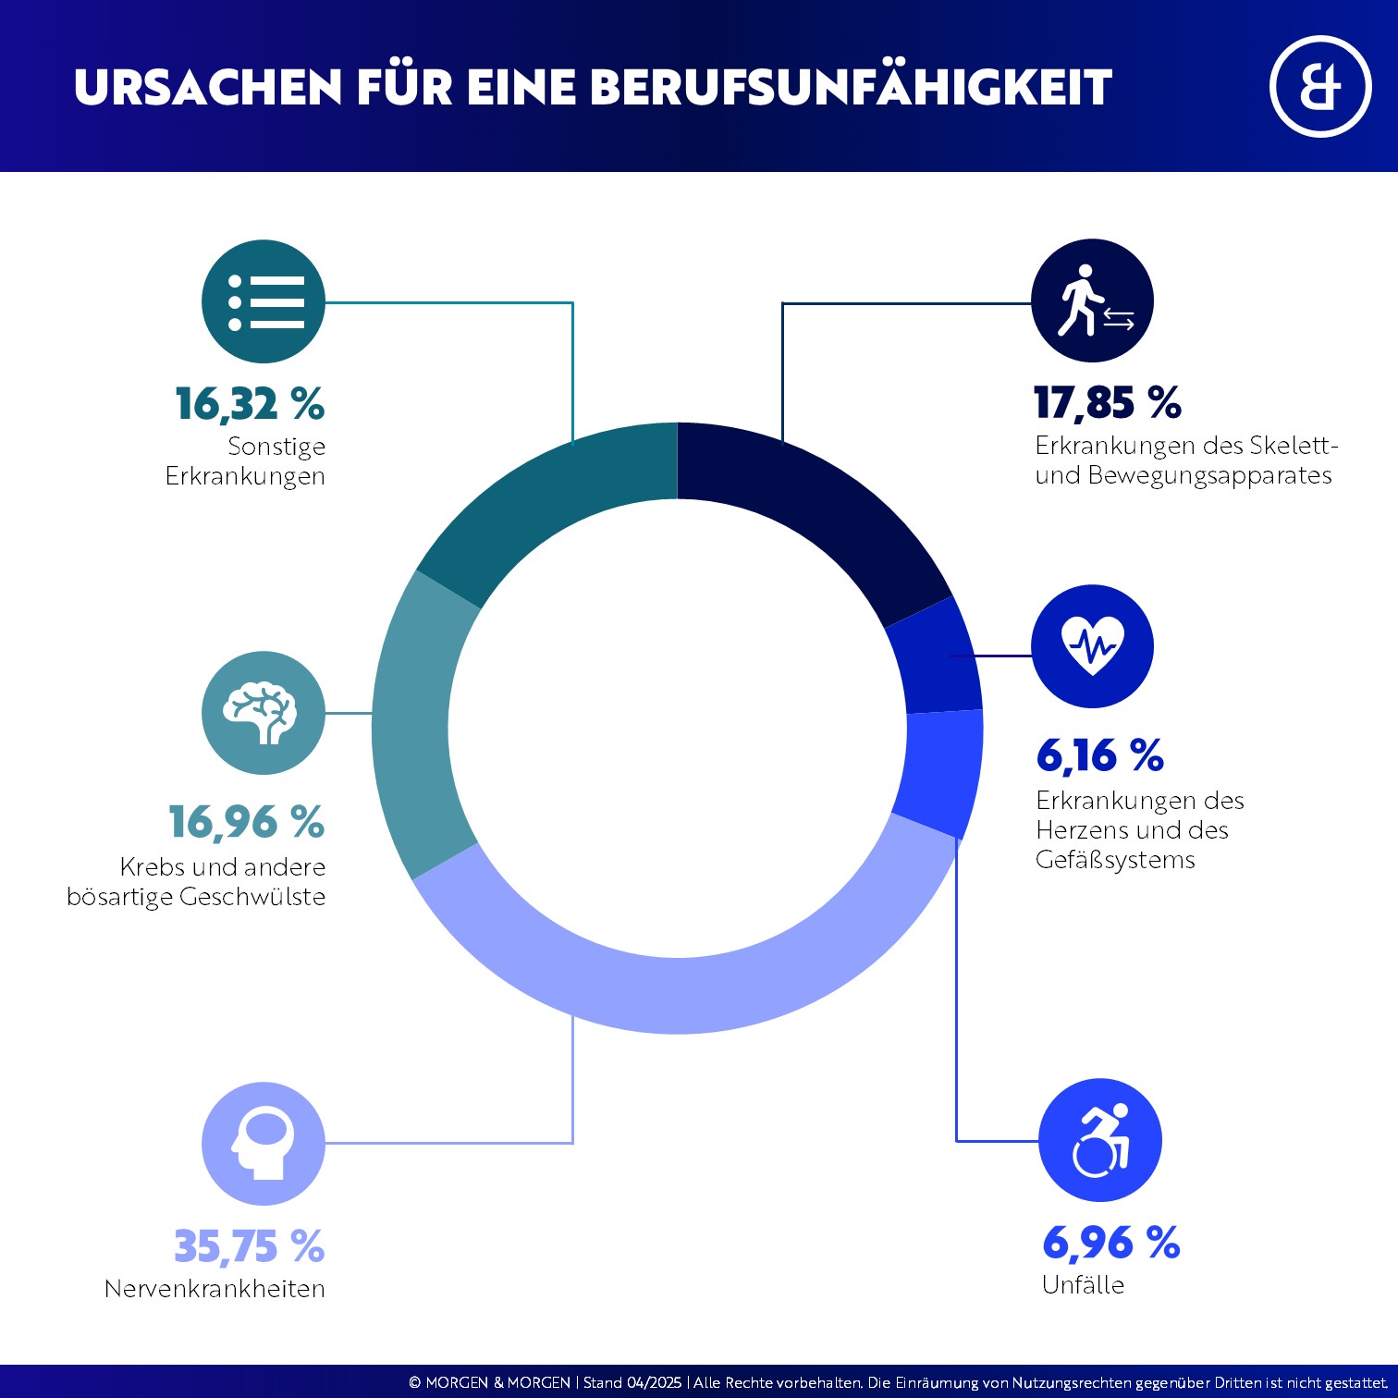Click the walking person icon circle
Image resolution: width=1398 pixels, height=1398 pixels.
pos(1092,300)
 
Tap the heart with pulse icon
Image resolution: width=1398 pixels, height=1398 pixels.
pos(1092,645)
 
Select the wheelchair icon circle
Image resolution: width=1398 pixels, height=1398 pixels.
pos(1099,1140)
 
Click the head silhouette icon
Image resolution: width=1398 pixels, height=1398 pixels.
pos(264,1144)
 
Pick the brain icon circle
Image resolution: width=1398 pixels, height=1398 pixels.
pos(264,713)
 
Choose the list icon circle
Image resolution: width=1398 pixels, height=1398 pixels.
pos(264,301)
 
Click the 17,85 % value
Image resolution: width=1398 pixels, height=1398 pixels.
pos(1107,403)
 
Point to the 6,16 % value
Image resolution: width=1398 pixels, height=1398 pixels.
pos(1099,756)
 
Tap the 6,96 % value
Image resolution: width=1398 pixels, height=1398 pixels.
pos(1110,1243)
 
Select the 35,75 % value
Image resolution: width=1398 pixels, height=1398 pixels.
pos(249,1246)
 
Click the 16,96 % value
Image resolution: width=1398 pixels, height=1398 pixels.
pos(246,822)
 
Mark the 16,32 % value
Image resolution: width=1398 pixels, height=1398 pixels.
pos(250,404)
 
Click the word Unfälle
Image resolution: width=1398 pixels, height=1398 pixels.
pos(1083,1285)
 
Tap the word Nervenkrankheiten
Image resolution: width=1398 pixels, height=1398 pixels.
pos(215,1289)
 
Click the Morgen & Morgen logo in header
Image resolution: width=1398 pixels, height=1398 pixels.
pos(1319,87)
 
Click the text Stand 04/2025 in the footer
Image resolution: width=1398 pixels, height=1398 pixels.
pos(632,1383)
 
